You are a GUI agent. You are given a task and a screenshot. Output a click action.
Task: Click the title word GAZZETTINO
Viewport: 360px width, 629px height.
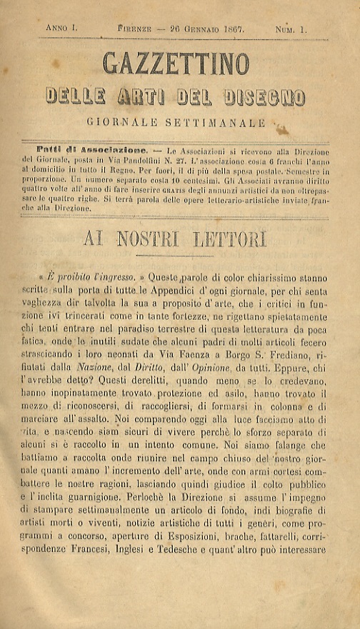coord(176,64)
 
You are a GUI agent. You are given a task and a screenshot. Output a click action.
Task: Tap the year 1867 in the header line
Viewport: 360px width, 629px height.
coord(230,29)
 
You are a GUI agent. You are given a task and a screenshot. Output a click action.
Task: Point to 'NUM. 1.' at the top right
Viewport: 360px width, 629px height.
coord(291,29)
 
